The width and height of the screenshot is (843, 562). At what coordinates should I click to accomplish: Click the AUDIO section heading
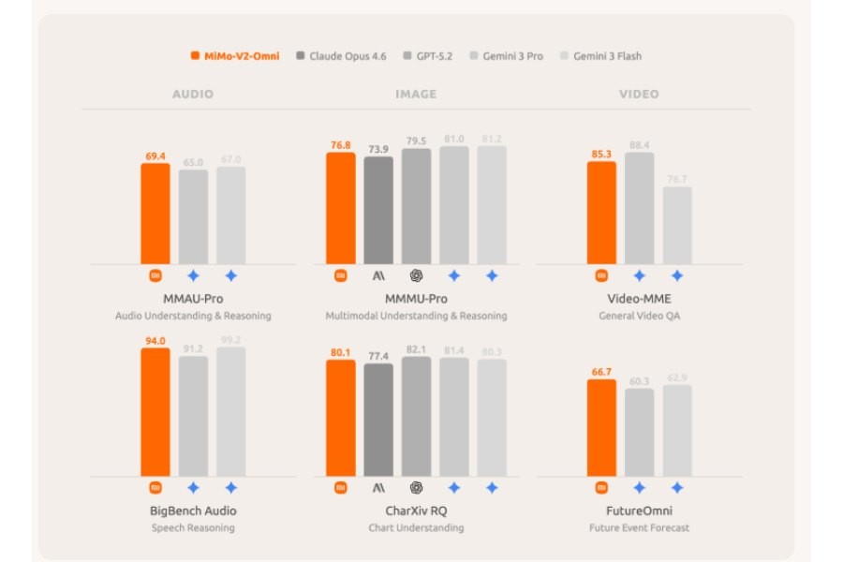(193, 95)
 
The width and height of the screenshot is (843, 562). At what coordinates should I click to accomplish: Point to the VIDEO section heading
(639, 95)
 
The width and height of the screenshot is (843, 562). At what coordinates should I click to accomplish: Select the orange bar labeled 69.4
(155, 214)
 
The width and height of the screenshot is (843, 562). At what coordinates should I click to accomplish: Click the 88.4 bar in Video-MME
(640, 208)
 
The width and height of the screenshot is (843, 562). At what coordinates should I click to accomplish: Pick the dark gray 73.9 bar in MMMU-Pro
(378, 210)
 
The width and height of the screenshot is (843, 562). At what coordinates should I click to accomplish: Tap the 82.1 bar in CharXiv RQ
(416, 416)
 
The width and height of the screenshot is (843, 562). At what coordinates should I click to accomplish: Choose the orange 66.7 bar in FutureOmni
(601, 428)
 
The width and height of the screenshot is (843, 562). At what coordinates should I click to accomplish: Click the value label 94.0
(155, 341)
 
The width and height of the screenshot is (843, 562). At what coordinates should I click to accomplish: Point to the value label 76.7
(677, 179)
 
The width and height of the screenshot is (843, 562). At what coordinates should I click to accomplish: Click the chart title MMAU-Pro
(193, 299)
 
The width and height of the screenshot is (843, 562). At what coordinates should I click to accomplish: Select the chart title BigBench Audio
(193, 510)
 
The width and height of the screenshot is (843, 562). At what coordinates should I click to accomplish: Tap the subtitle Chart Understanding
(416, 527)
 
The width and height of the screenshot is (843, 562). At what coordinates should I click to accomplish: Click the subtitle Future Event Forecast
(639, 527)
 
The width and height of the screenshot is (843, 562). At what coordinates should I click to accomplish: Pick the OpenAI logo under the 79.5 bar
(416, 275)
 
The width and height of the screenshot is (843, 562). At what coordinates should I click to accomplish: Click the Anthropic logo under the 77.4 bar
(378, 487)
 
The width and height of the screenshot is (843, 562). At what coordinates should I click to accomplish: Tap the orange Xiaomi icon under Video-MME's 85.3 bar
(601, 275)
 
